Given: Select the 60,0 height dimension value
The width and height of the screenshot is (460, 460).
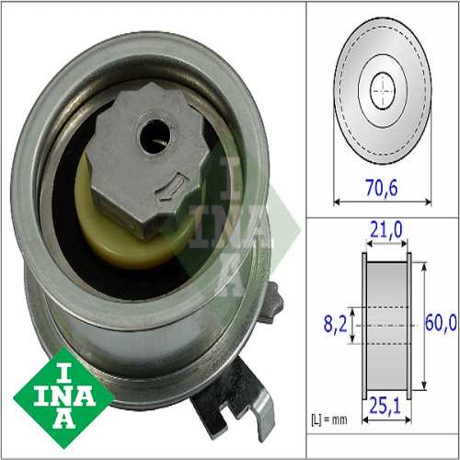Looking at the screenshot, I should tap(441, 324).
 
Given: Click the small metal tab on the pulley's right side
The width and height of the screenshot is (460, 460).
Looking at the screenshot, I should tap(270, 303).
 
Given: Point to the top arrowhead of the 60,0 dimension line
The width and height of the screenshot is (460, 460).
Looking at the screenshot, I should tap(422, 267).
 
